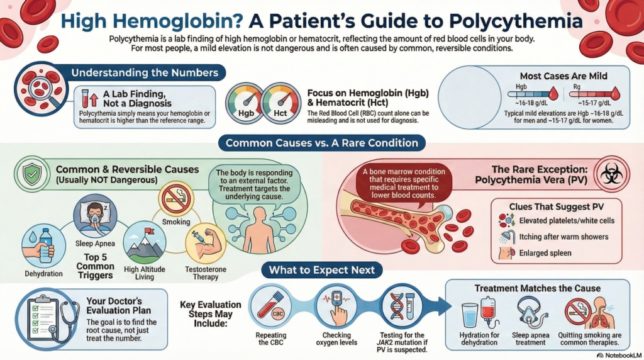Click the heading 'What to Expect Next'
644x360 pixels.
tap(321, 271)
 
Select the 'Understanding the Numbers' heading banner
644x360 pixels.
tap(144, 72)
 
